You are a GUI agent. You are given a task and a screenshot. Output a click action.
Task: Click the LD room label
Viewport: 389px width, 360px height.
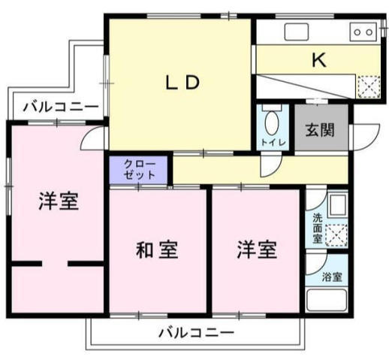182,83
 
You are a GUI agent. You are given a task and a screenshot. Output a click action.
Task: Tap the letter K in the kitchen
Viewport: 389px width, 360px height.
319,60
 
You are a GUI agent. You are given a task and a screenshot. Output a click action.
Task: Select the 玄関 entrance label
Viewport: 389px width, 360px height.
320,130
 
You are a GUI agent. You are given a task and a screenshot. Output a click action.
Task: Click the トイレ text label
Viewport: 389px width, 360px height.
273,143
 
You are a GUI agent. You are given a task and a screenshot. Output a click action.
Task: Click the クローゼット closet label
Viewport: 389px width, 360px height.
139,170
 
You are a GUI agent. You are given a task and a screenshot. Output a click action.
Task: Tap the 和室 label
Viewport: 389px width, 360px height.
157,250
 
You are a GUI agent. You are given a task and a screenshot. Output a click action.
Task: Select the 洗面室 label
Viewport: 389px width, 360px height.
317,228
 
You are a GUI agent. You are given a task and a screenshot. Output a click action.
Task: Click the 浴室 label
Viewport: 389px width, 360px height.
332,277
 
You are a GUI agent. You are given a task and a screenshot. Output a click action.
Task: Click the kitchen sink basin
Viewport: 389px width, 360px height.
297,32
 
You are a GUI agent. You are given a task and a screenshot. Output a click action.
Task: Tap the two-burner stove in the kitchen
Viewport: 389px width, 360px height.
363,32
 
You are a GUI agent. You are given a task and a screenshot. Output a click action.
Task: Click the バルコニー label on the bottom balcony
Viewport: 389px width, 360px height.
197,333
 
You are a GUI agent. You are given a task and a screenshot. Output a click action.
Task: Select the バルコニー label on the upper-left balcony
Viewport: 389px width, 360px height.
61,107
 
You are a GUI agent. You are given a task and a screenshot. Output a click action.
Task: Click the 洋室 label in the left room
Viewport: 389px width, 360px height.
59,201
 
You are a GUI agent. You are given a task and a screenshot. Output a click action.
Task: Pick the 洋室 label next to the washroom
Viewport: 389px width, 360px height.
257,250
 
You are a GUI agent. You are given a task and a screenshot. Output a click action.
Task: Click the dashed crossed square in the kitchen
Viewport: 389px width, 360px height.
369,86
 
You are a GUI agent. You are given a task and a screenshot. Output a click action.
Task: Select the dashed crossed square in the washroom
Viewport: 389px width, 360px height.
336,234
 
